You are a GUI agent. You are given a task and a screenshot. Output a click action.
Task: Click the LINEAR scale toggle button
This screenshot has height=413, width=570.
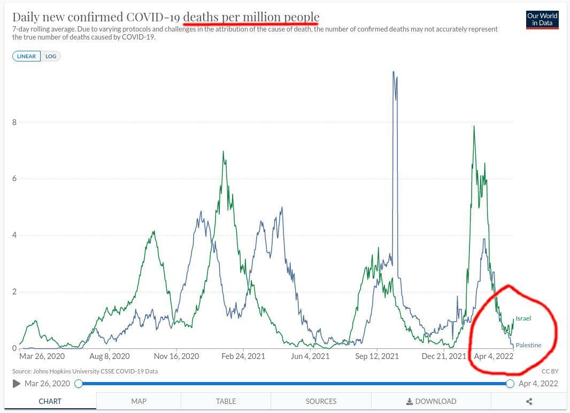[x=27, y=56]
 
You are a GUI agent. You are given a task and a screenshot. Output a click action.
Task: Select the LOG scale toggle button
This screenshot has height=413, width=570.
[x=51, y=56]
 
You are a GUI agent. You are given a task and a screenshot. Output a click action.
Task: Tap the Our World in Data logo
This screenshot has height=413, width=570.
[x=542, y=19]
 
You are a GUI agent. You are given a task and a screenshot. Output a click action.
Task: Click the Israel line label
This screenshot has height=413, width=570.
[x=523, y=318]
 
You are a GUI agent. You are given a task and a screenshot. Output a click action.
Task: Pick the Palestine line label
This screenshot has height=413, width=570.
[x=528, y=345]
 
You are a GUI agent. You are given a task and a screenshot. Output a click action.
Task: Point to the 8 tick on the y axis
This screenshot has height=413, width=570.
[x=14, y=122]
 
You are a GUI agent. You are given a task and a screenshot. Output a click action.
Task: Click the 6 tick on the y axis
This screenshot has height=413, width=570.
[x=14, y=178]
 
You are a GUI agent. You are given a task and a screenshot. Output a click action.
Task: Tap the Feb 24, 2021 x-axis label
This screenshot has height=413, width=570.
[x=243, y=356]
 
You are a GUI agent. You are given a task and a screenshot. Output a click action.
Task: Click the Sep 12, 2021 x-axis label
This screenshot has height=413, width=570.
[x=378, y=356]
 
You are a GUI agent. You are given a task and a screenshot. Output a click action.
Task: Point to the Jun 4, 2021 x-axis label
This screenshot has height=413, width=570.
[x=310, y=356]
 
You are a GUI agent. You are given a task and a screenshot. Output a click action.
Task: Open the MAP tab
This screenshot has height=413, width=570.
[x=138, y=401]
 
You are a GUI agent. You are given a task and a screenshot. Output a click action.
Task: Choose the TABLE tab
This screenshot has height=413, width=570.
[x=226, y=401]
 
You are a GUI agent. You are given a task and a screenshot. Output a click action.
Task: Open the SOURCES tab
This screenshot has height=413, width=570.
[x=321, y=401]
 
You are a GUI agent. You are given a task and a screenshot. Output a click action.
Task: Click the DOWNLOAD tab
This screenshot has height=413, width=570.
[x=431, y=401]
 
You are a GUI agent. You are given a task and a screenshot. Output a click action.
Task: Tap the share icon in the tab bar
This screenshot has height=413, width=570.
[x=529, y=401]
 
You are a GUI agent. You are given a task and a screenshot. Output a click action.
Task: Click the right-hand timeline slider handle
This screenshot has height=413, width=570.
[x=510, y=384]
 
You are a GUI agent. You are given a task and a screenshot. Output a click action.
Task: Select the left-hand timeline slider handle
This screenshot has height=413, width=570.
[x=79, y=384]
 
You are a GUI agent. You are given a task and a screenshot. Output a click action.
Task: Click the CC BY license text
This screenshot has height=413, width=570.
[x=550, y=371]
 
